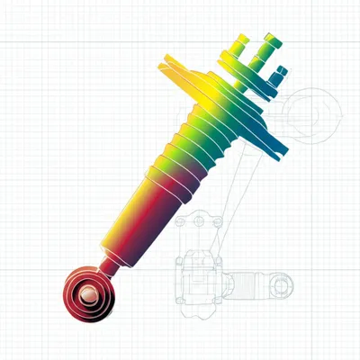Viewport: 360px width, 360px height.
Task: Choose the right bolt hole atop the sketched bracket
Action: tap(217, 220)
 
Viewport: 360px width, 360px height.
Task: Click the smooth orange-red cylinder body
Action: tap(144, 216)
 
